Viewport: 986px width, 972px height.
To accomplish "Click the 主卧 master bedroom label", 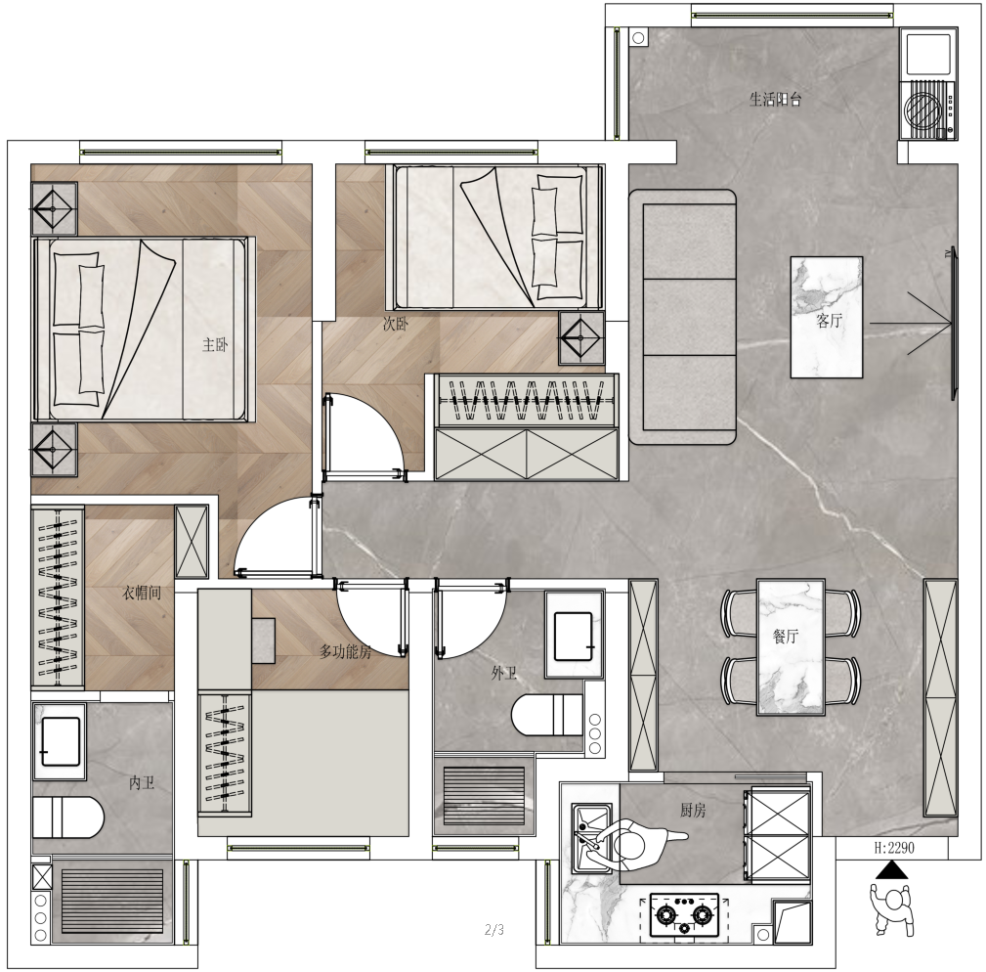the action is tap(214, 345).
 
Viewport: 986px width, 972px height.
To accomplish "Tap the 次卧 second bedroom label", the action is tap(396, 324).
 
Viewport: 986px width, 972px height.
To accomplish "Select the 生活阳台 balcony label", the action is tap(775, 99).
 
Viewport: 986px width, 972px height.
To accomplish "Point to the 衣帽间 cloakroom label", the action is tap(141, 593).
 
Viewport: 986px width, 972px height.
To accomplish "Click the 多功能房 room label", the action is tap(345, 652).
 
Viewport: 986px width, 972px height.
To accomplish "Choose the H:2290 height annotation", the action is tap(894, 848).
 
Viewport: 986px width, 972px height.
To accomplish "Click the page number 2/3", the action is tap(494, 929).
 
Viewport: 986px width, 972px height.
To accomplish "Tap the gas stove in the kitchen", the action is tap(684, 914).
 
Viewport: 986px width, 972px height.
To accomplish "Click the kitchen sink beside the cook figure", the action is tap(591, 838).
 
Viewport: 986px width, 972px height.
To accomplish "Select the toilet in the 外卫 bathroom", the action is tap(547, 715).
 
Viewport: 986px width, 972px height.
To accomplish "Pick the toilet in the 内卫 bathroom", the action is tap(67, 817).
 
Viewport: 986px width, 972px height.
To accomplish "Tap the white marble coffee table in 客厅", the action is tap(827, 317).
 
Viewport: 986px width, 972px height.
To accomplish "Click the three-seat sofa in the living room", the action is tap(683, 317).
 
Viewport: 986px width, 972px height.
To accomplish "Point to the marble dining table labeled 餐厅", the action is tap(791, 647).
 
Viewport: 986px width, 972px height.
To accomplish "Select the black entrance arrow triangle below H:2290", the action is tap(891, 870).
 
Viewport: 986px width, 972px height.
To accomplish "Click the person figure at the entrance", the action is tap(891, 909).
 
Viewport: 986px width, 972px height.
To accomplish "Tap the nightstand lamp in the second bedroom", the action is tap(581, 338).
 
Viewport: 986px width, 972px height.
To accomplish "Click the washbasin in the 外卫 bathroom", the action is tap(573, 636).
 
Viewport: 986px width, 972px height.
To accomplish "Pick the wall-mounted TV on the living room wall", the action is tap(954, 324).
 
